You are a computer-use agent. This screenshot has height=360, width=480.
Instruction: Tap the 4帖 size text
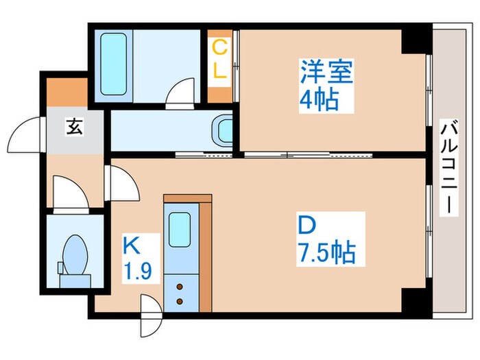(x=317, y=101)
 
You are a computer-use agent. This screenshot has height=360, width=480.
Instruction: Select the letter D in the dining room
(x=307, y=226)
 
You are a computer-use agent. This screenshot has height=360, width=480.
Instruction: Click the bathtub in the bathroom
(x=112, y=64)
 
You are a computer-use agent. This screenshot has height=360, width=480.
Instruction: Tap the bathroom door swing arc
(x=182, y=93)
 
